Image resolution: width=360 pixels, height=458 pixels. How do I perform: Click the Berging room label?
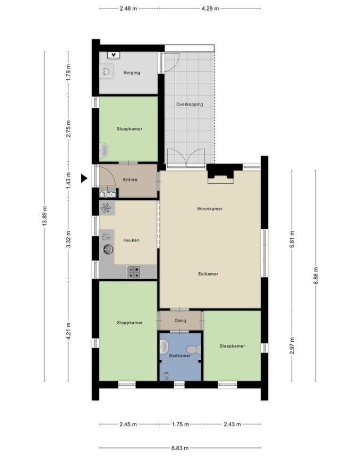(132, 73)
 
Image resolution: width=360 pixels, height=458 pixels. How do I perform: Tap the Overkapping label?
(190, 104)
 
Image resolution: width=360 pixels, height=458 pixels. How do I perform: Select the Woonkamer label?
(210, 209)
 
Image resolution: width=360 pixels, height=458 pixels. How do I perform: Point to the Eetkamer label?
(208, 274)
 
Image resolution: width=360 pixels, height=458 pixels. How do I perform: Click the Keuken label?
(131, 240)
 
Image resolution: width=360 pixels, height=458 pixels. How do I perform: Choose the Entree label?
(130, 179)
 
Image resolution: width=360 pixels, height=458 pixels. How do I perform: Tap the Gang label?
(180, 321)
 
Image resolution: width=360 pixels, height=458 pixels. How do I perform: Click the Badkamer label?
(179, 356)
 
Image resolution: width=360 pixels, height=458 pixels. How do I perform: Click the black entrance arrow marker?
(84, 178)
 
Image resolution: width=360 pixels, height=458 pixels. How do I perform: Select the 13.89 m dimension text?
(45, 216)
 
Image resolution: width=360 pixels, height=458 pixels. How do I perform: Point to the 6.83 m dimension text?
(180, 448)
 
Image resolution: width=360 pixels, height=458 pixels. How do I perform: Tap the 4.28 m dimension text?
(210, 8)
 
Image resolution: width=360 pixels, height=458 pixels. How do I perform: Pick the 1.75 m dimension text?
(181, 424)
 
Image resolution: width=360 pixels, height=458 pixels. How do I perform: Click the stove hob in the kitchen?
(133, 272)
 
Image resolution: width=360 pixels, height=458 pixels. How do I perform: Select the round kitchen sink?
(108, 249)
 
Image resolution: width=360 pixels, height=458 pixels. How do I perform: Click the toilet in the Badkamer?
(194, 349)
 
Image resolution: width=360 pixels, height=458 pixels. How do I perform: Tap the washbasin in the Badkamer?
(164, 346)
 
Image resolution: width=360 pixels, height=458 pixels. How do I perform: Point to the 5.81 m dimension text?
(292, 239)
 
